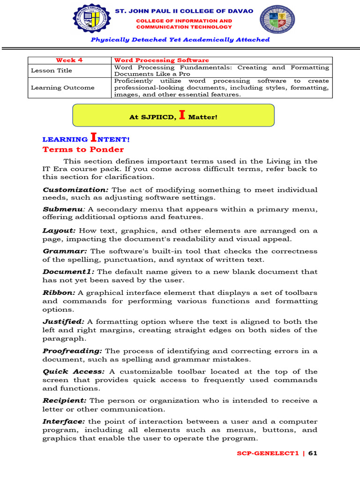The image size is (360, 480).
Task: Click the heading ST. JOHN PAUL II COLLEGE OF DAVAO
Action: coord(184,11)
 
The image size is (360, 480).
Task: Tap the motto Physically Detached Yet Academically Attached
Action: coord(180,40)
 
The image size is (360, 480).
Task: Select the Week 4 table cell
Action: coord(66,60)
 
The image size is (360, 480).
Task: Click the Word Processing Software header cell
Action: coord(162,60)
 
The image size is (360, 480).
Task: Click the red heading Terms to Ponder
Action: coord(83,150)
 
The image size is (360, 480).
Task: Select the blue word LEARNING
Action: coord(65,140)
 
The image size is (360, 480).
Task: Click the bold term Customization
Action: coord(75,190)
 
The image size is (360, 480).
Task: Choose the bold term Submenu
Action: coord(62,210)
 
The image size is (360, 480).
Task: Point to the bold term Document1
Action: coord(68,272)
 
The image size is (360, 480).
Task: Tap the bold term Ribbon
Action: coord(59,292)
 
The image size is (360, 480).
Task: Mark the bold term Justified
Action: coord(63,322)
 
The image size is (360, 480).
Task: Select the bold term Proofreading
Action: coord(72,351)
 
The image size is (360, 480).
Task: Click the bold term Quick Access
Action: coord(74,372)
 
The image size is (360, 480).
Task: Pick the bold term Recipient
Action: coord(65,401)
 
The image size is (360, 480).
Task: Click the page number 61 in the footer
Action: coord(313,453)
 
